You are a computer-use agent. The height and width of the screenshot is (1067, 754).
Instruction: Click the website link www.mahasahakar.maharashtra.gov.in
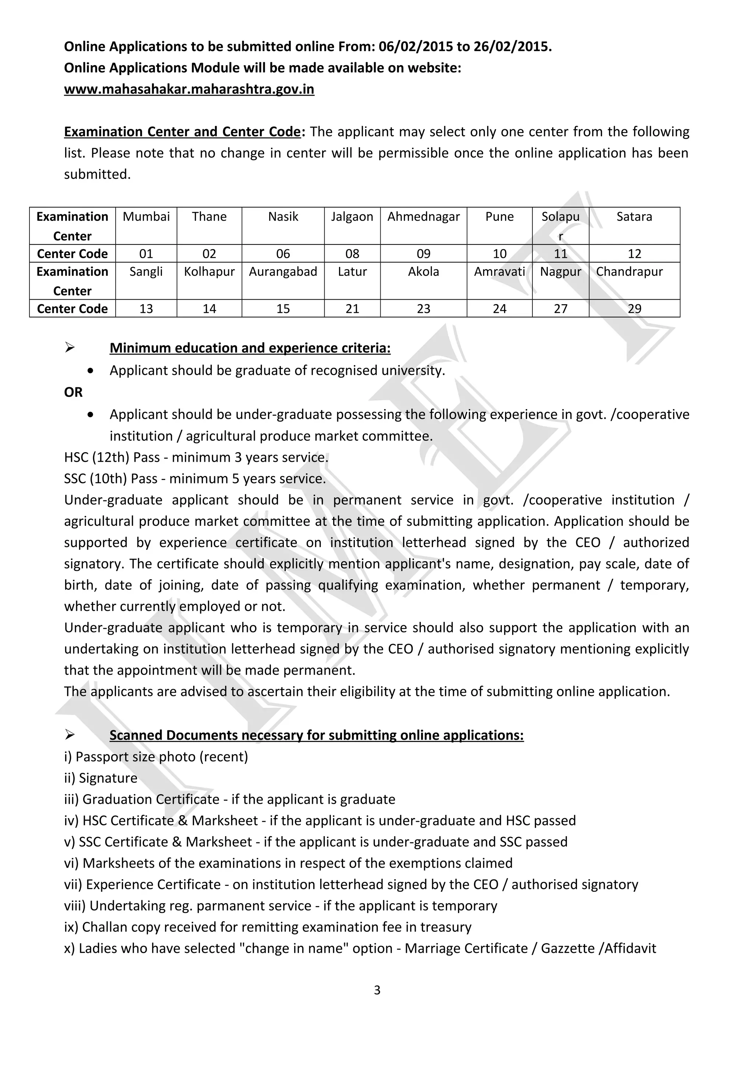(x=189, y=89)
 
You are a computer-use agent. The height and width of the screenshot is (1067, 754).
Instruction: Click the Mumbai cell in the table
(x=146, y=216)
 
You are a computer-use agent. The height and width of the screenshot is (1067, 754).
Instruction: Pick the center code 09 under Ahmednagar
(x=423, y=254)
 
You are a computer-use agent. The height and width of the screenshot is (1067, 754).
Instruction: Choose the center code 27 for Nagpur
(x=560, y=309)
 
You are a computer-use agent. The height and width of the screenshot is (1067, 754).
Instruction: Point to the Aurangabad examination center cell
(x=283, y=271)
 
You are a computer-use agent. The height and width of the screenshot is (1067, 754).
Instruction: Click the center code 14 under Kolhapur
(x=209, y=309)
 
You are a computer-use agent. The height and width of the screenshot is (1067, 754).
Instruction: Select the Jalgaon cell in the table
(x=352, y=216)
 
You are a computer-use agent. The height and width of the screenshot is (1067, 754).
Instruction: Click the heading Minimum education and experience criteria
(x=250, y=348)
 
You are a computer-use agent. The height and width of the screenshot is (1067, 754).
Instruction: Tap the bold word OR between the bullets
(x=73, y=392)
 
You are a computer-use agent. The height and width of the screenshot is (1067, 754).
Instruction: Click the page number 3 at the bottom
(x=377, y=990)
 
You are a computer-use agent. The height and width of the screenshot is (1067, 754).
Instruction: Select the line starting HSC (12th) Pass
(x=196, y=457)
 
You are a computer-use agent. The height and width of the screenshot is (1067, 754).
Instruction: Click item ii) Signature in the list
(x=101, y=778)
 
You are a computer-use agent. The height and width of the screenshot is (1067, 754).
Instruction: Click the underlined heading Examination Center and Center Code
(x=182, y=131)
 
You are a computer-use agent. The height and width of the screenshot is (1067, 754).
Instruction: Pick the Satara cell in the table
(x=634, y=216)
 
